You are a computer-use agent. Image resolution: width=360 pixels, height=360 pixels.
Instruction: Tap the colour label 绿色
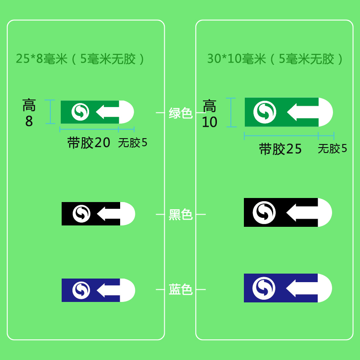coord(180,112)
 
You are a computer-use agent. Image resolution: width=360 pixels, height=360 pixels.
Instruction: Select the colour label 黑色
coord(180,215)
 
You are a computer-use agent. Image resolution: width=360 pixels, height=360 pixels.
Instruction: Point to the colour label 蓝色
coord(180,289)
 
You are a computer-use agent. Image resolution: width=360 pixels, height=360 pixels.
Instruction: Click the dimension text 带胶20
coord(89,143)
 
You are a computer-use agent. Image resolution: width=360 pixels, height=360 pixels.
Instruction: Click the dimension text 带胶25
coord(280,149)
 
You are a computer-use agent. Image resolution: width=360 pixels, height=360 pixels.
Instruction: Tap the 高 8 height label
coord(29,113)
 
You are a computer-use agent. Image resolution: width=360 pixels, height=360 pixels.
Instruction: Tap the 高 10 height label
coord(210,114)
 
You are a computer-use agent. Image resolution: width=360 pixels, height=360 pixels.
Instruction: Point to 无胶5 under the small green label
coord(133,143)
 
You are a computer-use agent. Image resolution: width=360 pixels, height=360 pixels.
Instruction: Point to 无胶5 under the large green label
coord(332,148)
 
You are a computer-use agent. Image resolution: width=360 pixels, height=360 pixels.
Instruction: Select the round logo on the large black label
coord(264,212)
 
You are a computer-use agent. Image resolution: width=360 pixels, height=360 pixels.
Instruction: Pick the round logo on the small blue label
coord(81,290)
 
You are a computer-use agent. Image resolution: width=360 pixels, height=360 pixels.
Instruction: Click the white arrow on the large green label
coord(303,112)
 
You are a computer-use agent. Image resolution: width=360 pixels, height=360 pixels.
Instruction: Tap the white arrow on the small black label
coord(108,214)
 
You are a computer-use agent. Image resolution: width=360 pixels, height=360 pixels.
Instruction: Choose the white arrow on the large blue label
coord(302,288)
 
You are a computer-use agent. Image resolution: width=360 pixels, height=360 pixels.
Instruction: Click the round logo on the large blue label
coord(264,288)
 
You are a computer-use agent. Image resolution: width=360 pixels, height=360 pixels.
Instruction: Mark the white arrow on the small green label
coord(107,112)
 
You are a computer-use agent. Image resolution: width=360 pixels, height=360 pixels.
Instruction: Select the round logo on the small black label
coord(81,214)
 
